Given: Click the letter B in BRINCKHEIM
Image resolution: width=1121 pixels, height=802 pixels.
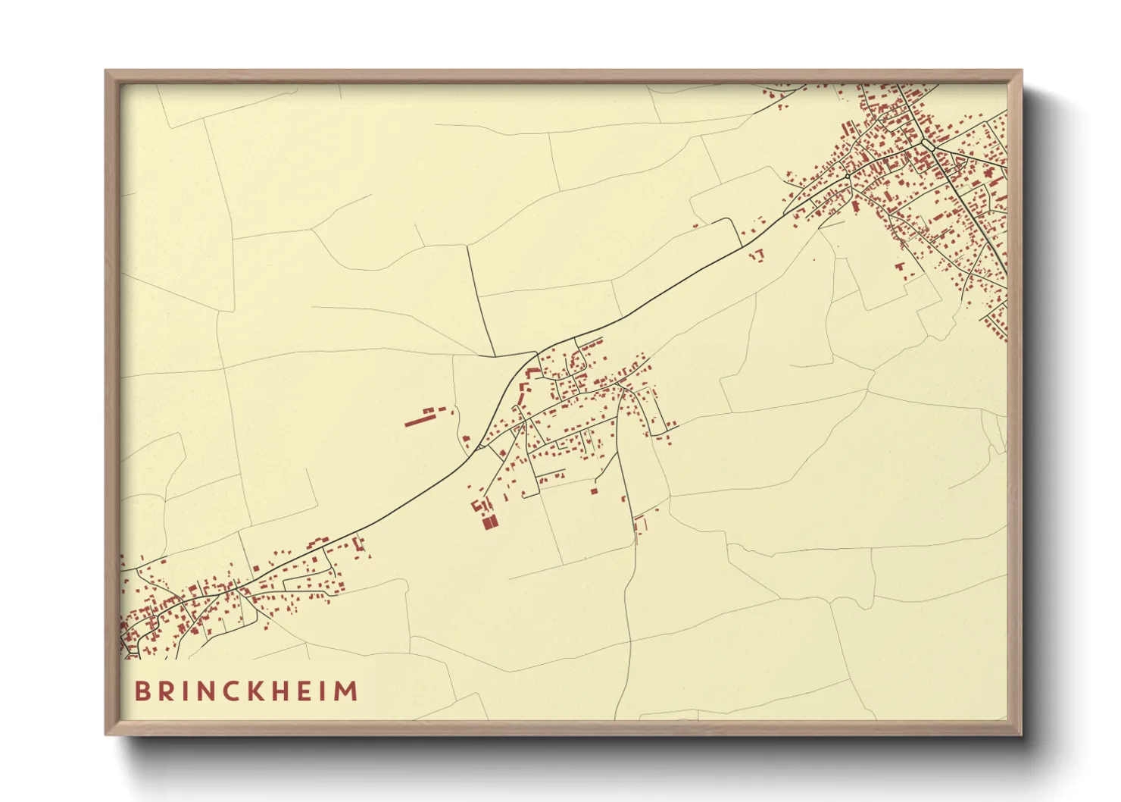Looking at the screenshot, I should click(x=142, y=691).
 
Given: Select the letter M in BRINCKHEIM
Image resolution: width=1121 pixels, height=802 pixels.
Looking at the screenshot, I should click(x=347, y=691).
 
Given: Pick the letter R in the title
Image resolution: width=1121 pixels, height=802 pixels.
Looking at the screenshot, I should click(x=166, y=691).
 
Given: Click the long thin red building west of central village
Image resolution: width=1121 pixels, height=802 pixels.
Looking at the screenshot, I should click(x=417, y=420).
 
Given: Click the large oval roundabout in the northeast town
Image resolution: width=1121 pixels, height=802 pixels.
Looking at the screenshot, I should click(x=926, y=143).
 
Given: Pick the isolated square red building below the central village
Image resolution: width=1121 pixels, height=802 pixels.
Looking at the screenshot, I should click(x=594, y=491).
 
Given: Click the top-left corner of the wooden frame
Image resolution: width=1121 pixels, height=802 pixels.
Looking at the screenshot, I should click(x=106, y=71).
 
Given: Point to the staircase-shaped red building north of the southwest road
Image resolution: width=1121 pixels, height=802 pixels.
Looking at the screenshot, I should click(x=358, y=544).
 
